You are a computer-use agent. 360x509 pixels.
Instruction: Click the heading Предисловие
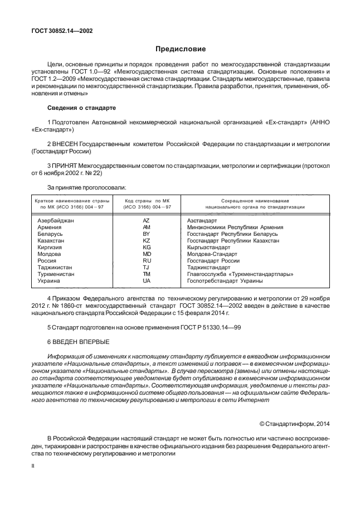(x=180, y=49)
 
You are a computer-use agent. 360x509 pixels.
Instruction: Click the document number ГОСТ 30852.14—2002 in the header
(x=61, y=31)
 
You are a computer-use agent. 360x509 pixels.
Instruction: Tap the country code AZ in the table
(x=147, y=221)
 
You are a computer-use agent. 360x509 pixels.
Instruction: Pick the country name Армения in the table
(x=49, y=227)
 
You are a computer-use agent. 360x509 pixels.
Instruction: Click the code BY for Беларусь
(x=147, y=234)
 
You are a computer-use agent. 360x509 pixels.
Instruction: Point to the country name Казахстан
(x=51, y=240)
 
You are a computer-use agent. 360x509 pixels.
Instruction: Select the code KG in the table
(x=147, y=247)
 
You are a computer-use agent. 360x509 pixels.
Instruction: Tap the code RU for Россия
(x=147, y=260)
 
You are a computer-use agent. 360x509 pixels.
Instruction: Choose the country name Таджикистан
(x=55, y=267)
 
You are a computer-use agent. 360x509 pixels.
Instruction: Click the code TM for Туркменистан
(x=147, y=274)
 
